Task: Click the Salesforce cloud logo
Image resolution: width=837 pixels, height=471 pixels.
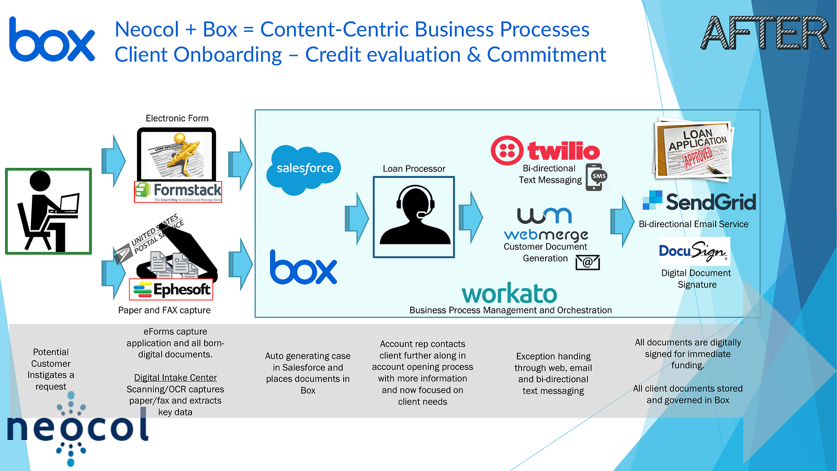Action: [303, 169]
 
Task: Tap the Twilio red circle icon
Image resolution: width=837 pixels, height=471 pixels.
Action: [507, 151]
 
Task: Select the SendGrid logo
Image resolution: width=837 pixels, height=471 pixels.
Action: [699, 201]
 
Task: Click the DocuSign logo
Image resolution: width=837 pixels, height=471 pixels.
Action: [694, 252]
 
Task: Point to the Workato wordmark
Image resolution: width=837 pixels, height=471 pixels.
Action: [509, 294]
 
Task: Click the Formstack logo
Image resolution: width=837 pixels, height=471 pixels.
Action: [178, 192]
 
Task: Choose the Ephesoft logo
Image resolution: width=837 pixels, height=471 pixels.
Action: [171, 289]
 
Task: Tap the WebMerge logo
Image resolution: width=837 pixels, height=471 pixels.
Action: [546, 225]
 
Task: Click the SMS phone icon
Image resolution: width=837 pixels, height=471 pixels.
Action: [596, 177]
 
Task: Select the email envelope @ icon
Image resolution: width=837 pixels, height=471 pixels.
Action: [587, 262]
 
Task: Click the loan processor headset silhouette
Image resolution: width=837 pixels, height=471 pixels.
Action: [414, 217]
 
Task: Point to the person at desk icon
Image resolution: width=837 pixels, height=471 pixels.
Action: [49, 211]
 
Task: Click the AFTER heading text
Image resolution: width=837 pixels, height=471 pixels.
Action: [764, 33]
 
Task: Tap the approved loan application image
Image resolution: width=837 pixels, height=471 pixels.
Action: [693, 150]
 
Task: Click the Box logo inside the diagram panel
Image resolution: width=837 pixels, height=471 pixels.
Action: [303, 268]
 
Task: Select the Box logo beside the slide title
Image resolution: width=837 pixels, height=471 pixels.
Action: [52, 40]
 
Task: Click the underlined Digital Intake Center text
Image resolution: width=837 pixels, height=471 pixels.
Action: [175, 378]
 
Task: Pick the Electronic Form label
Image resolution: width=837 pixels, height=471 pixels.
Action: [177, 118]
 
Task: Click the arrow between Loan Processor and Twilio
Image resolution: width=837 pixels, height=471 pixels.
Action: [470, 217]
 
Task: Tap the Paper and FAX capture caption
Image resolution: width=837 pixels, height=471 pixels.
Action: [164, 310]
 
